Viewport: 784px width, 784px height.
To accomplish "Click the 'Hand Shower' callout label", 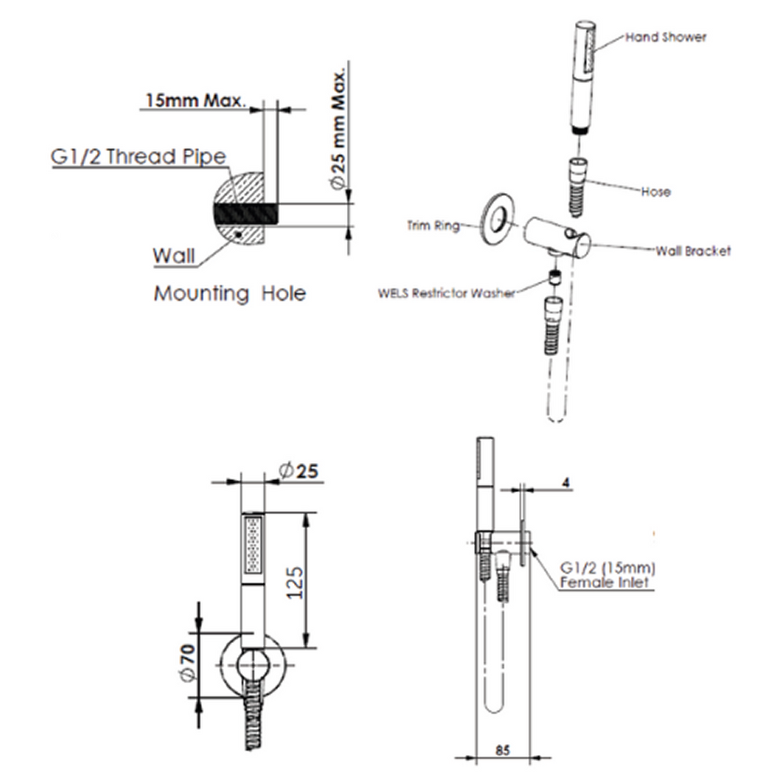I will pyautogui.click(x=665, y=37).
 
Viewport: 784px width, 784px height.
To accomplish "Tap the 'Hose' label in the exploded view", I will pyautogui.click(x=656, y=191).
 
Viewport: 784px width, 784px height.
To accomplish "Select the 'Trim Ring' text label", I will pyautogui.click(x=433, y=226).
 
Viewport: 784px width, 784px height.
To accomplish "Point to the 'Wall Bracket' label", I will pyautogui.click(x=693, y=250).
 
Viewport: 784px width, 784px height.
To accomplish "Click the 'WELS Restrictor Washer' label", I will pyautogui.click(x=446, y=293).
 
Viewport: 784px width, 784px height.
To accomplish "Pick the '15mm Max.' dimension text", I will pyautogui.click(x=194, y=100).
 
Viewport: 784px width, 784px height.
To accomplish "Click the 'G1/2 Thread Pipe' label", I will pyautogui.click(x=139, y=157).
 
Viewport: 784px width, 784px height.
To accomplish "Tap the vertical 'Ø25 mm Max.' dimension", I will pyautogui.click(x=338, y=131).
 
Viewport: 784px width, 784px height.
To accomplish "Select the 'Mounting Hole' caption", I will pyautogui.click(x=230, y=293).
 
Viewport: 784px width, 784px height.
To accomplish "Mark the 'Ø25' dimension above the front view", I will pyautogui.click(x=299, y=472).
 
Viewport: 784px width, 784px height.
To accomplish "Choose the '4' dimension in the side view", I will pyautogui.click(x=566, y=483).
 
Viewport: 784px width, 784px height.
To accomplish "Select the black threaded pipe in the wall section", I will pyautogui.click(x=243, y=214).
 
